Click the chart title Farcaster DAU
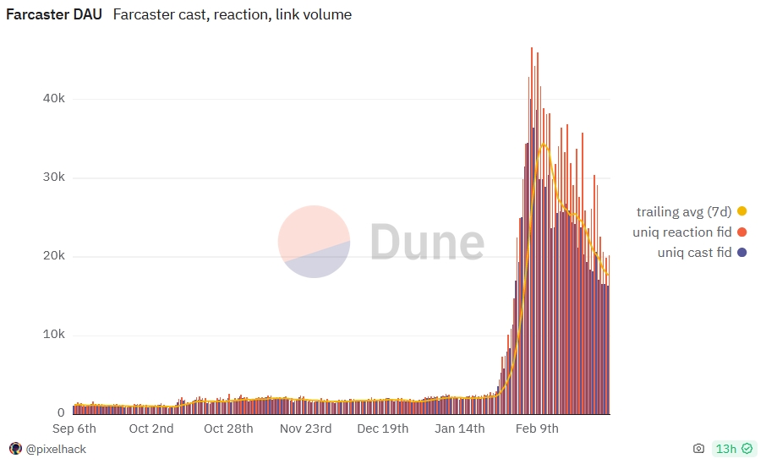[54, 14]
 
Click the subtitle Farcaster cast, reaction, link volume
[232, 14]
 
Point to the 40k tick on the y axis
[54, 99]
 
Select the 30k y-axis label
[54, 177]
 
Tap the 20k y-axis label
[54, 256]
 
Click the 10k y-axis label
[54, 335]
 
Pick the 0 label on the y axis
[61, 413]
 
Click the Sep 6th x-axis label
[74, 429]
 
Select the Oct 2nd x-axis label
[151, 429]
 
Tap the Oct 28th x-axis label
[228, 429]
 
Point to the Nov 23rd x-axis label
[306, 429]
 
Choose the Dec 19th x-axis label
[383, 429]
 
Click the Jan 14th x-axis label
[460, 429]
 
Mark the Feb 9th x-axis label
[538, 429]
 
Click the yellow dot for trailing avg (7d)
[742, 211]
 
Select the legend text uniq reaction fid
[682, 232]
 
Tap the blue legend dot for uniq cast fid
[742, 253]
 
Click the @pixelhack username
[56, 450]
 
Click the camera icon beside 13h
[698, 449]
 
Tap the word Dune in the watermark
[428, 241]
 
